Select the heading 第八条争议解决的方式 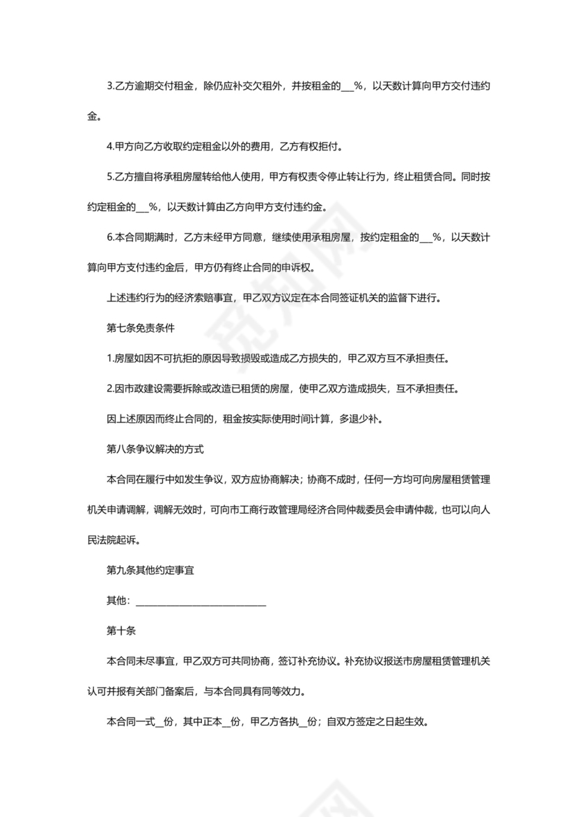click(155, 450)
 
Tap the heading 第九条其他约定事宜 click(150, 571)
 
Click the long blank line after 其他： click(199, 601)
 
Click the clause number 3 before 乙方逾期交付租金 click(110, 86)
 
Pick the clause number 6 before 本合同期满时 click(110, 237)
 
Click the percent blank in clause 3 click(347, 86)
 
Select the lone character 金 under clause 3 click(92, 116)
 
